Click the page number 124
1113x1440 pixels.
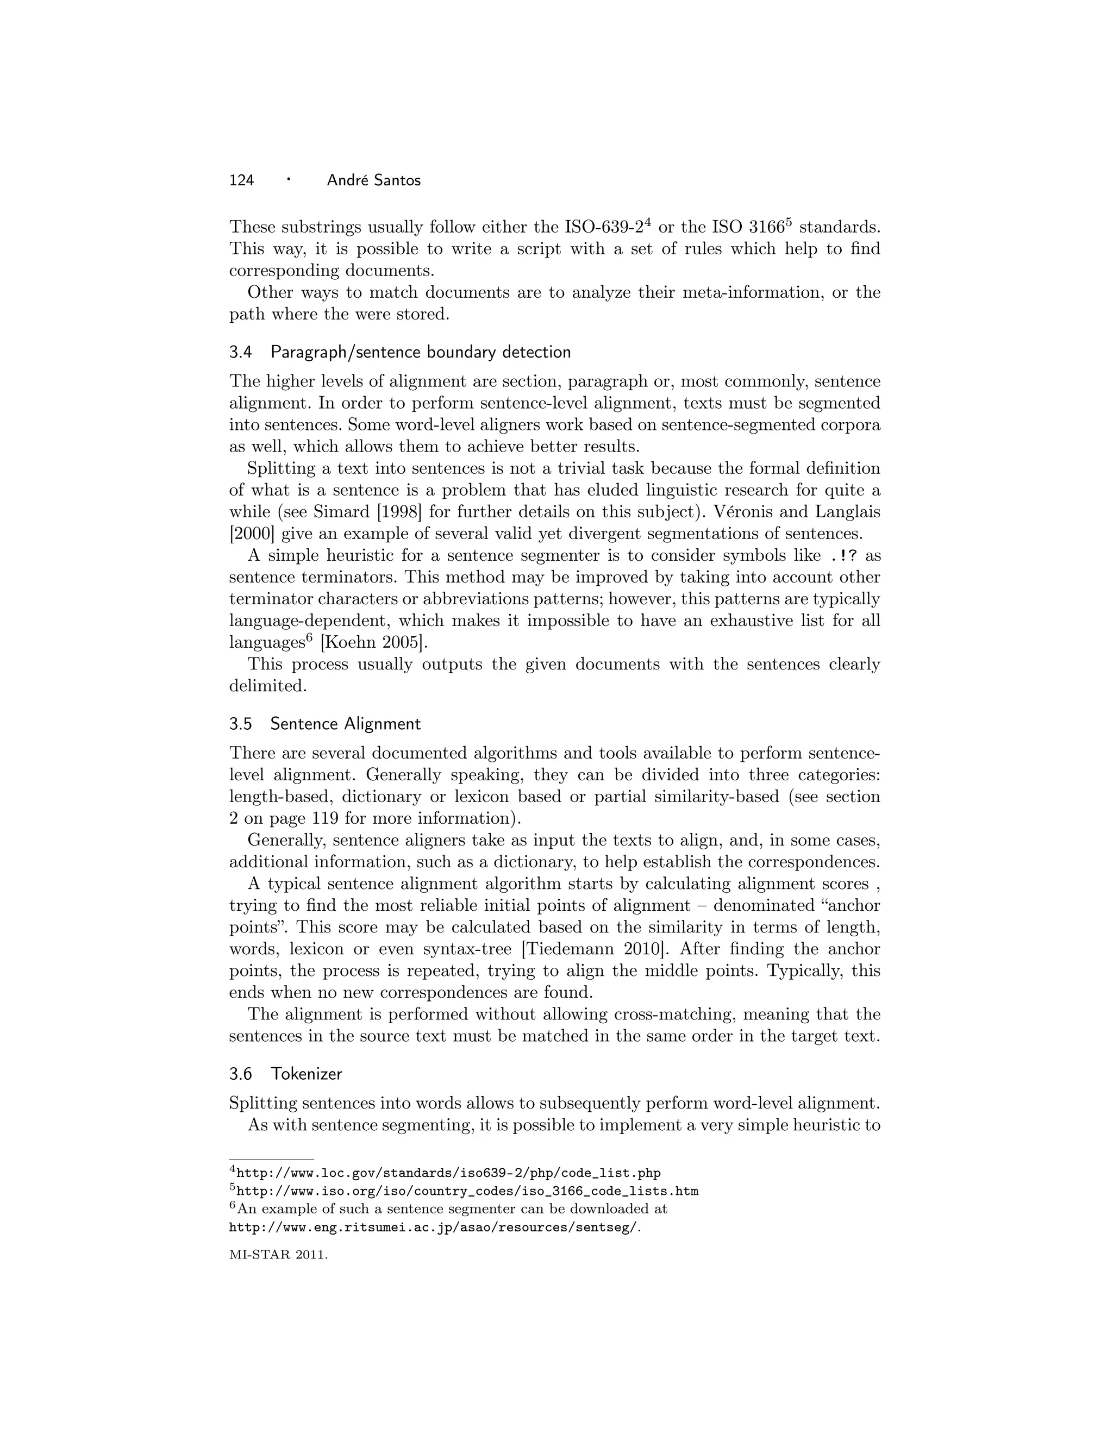(241, 180)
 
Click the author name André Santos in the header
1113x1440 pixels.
(373, 180)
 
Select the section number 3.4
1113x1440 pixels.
(241, 352)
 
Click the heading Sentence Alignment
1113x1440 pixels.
(345, 723)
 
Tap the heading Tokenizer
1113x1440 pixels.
(307, 1073)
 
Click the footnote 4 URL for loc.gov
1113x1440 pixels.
(448, 1173)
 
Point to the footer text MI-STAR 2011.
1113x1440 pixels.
(278, 1255)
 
